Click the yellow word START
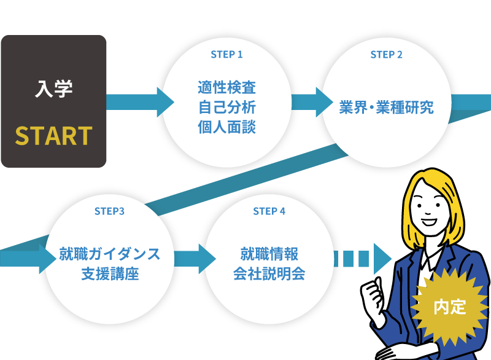(x=53, y=136)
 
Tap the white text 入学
(x=53, y=90)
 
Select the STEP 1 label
(x=226, y=55)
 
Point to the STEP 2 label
(x=387, y=55)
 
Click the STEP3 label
(x=110, y=211)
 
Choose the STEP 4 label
(x=269, y=211)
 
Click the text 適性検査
(x=226, y=87)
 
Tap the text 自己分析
(x=226, y=107)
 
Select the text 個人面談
(x=226, y=127)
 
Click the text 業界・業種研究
(x=387, y=108)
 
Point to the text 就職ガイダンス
(x=110, y=253)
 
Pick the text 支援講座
(x=110, y=273)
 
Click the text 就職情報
(x=269, y=253)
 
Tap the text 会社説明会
(x=269, y=273)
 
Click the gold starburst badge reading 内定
(x=450, y=307)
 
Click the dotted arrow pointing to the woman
(x=362, y=259)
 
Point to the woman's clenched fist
(x=374, y=295)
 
